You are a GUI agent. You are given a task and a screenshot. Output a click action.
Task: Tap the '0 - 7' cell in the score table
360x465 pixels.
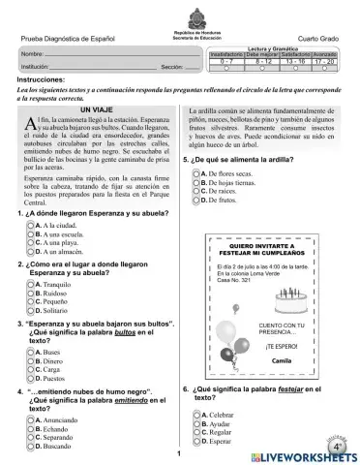pyautogui.click(x=225, y=60)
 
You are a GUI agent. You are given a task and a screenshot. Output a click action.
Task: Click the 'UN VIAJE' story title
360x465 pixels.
pyautogui.click(x=95, y=112)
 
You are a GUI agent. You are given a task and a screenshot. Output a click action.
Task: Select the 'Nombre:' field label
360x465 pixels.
pyautogui.click(x=32, y=50)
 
